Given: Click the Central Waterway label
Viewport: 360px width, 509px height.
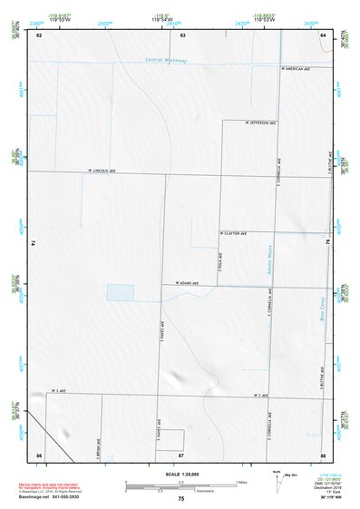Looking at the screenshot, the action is [x=166, y=61].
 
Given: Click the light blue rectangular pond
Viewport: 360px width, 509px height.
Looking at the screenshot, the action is [x=120, y=292].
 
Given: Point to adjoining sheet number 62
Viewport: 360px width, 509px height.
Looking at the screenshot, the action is [x=39, y=35].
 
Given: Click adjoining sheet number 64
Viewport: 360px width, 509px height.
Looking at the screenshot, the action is [x=324, y=35].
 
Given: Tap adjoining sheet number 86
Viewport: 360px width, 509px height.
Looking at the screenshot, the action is [x=39, y=454].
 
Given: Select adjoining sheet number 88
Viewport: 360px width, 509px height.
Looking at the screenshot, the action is [x=324, y=454].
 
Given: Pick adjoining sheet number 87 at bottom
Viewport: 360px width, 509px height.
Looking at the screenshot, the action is [x=181, y=454].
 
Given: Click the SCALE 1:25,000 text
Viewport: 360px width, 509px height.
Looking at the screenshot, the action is [x=180, y=474].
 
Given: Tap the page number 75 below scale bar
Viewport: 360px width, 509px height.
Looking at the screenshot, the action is [x=181, y=499].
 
